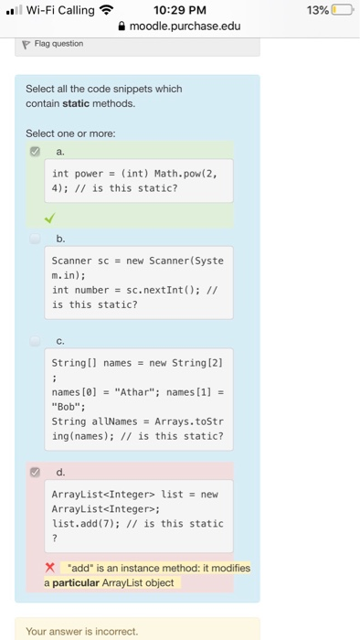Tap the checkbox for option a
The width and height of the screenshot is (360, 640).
[35, 152]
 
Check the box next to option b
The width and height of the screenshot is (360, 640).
[35, 238]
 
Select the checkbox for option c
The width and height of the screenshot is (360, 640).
[35, 340]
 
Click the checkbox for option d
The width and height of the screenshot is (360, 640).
[35, 473]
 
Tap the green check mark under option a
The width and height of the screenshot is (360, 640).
[48, 218]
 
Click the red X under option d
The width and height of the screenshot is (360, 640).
[53, 568]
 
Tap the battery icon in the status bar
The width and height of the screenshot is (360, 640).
[343, 10]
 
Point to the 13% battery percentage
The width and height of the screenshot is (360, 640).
[317, 10]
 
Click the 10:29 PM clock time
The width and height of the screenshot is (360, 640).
[180, 10]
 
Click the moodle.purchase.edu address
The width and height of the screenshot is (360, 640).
[186, 26]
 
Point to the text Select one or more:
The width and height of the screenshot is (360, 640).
[70, 133]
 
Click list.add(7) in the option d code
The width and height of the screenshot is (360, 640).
[83, 524]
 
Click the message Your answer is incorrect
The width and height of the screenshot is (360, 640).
[82, 631]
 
